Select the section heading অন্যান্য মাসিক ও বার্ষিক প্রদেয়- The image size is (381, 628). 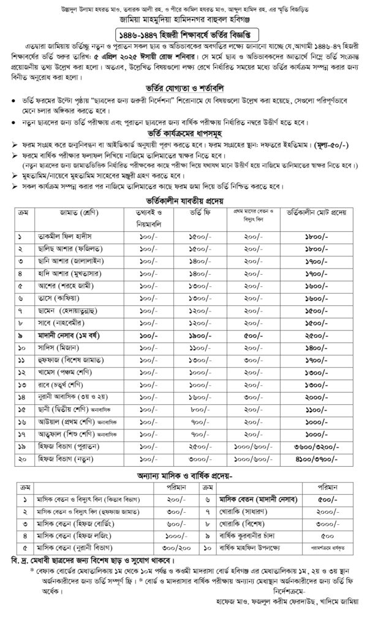190,475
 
